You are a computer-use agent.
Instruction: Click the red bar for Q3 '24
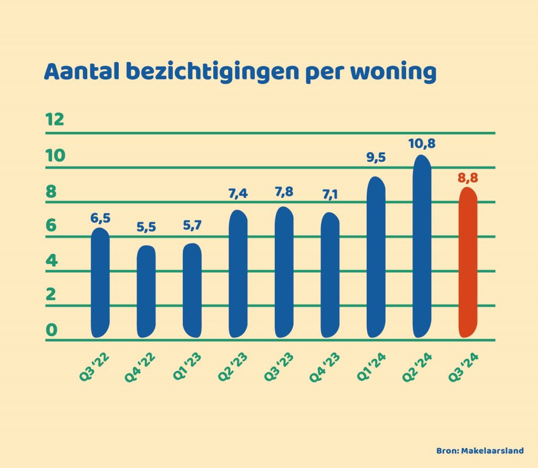pos(468,263)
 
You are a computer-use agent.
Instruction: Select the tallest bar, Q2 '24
pos(422,247)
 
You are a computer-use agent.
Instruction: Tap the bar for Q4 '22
pos(146,292)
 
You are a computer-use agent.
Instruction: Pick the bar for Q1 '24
pos(376,257)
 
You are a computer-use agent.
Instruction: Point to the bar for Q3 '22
pos(100,283)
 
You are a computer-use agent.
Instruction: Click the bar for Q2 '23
pos(238,274)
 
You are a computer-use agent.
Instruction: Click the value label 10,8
pos(422,143)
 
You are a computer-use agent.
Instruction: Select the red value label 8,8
pos(468,178)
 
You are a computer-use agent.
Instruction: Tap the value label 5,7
pos(192,226)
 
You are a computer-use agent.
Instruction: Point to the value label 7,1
pos(330,195)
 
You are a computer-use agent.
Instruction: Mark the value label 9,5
pos(376,158)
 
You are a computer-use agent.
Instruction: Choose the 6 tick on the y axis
pos(51,226)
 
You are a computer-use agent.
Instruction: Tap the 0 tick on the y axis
pos(51,330)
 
